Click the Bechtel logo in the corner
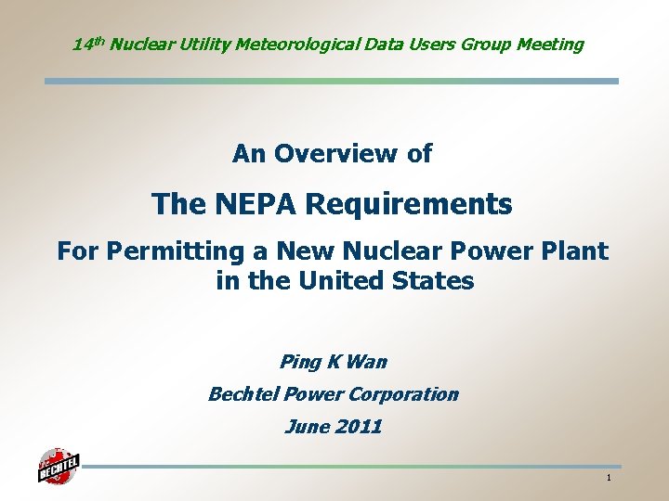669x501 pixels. click(x=58, y=466)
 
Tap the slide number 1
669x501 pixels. click(x=608, y=478)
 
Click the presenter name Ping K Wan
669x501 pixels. click(x=333, y=361)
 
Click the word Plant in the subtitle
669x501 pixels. click(x=575, y=250)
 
